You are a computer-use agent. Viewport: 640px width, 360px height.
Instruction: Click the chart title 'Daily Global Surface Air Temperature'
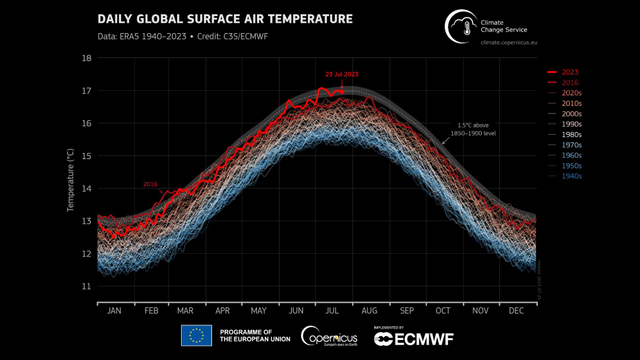225,19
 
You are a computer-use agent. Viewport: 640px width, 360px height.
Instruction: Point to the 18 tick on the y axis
87,58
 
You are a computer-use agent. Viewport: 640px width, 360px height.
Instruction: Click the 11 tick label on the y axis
87,286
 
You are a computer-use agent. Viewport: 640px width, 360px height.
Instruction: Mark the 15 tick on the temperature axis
87,156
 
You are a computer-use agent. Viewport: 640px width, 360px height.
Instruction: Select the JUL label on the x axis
333,311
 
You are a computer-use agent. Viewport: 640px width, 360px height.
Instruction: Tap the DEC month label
516,311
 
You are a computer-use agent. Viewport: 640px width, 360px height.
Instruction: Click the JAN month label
114,311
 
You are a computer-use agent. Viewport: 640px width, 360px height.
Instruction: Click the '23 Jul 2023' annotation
342,74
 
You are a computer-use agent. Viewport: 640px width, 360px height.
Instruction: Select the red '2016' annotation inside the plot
150,185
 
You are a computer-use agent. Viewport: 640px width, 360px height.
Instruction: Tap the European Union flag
196,335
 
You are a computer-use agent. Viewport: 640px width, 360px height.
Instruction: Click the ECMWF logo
413,339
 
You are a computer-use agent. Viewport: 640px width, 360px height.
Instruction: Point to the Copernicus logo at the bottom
329,336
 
